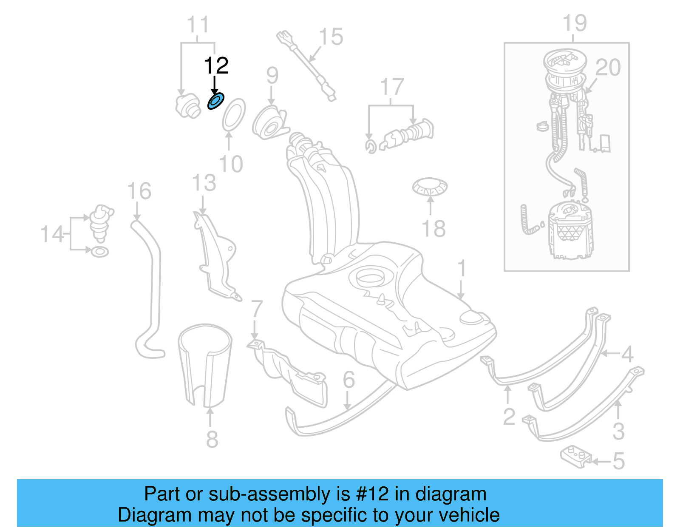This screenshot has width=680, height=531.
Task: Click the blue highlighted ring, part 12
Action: click(x=215, y=102)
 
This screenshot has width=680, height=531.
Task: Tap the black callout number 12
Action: click(x=216, y=66)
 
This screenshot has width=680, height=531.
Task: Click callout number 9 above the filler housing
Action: click(x=272, y=76)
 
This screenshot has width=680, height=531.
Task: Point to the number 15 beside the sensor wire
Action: click(x=331, y=37)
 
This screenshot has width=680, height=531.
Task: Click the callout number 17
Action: click(x=391, y=87)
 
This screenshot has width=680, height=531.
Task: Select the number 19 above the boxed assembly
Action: click(x=574, y=23)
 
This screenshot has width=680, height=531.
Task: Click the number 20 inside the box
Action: click(x=608, y=68)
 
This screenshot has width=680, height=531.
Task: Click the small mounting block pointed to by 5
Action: click(x=575, y=457)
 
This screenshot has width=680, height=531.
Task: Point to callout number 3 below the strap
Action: click(x=618, y=432)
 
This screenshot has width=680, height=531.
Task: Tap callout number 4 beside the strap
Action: click(x=627, y=354)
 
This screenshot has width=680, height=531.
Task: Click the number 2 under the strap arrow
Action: click(x=509, y=417)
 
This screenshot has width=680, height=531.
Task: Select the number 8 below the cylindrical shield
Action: click(x=212, y=439)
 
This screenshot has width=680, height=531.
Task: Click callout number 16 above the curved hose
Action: click(x=139, y=191)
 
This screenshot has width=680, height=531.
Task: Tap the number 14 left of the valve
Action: click(x=52, y=234)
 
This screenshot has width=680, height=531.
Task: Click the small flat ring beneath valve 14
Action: click(x=100, y=252)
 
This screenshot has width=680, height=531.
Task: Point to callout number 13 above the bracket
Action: click(x=204, y=183)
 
